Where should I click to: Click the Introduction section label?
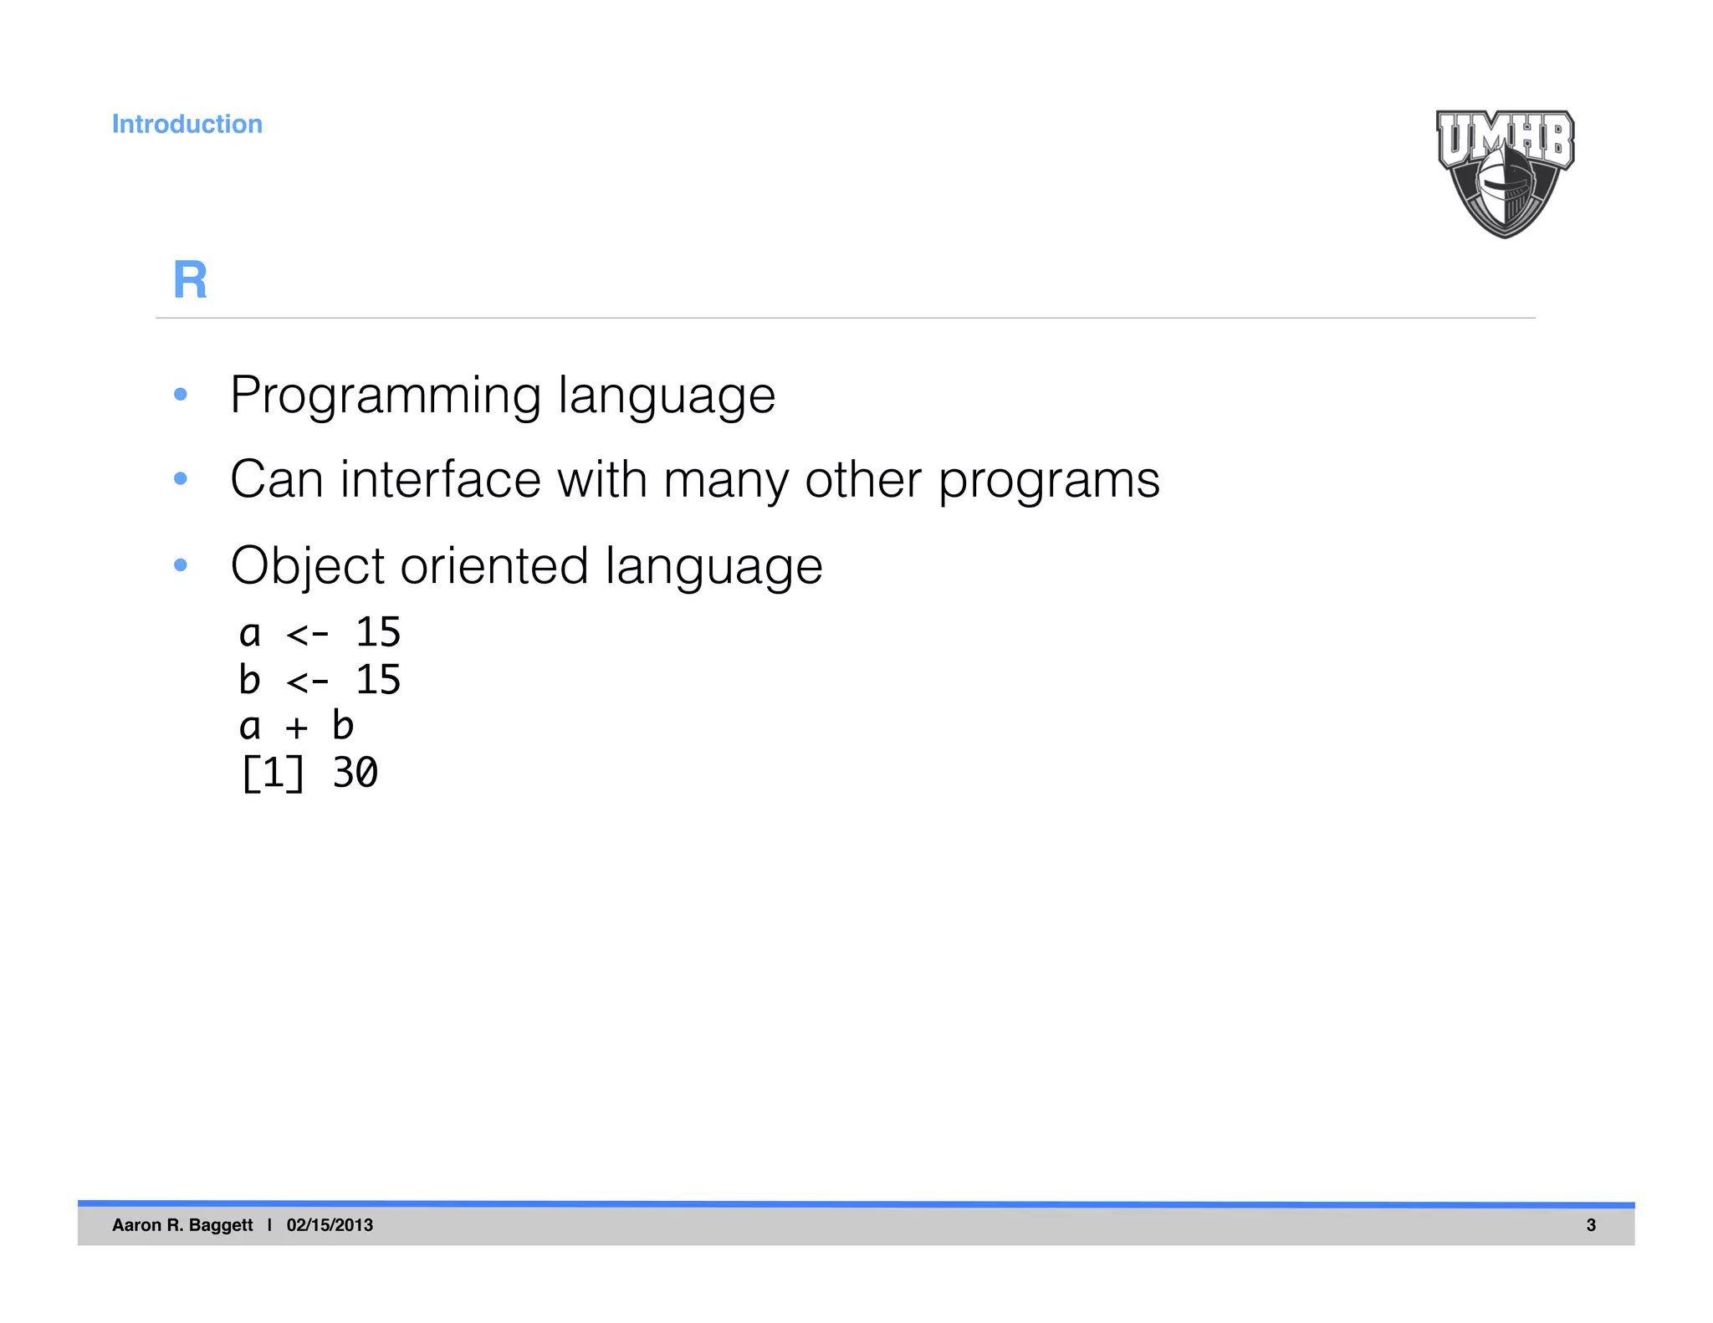pyautogui.click(x=187, y=124)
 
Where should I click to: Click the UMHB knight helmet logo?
pyautogui.click(x=1505, y=174)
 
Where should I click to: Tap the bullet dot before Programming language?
pyautogui.click(x=180, y=394)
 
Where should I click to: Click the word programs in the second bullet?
pyautogui.click(x=1048, y=482)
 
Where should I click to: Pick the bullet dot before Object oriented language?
pyautogui.click(x=180, y=565)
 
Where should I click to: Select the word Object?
pyautogui.click(x=307, y=567)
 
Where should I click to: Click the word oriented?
pyautogui.click(x=494, y=566)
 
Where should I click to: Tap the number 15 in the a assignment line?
pyautogui.click(x=378, y=632)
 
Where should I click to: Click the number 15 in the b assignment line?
pyautogui.click(x=378, y=679)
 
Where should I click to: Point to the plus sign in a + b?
pyautogui.click(x=296, y=727)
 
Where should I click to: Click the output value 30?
pyautogui.click(x=355, y=773)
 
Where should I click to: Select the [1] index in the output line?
pyautogui.click(x=273, y=773)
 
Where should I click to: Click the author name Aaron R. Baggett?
pyautogui.click(x=182, y=1225)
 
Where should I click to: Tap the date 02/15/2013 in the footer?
pyautogui.click(x=330, y=1225)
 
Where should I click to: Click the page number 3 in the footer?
pyautogui.click(x=1591, y=1225)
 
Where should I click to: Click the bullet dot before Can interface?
pyautogui.click(x=180, y=479)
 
